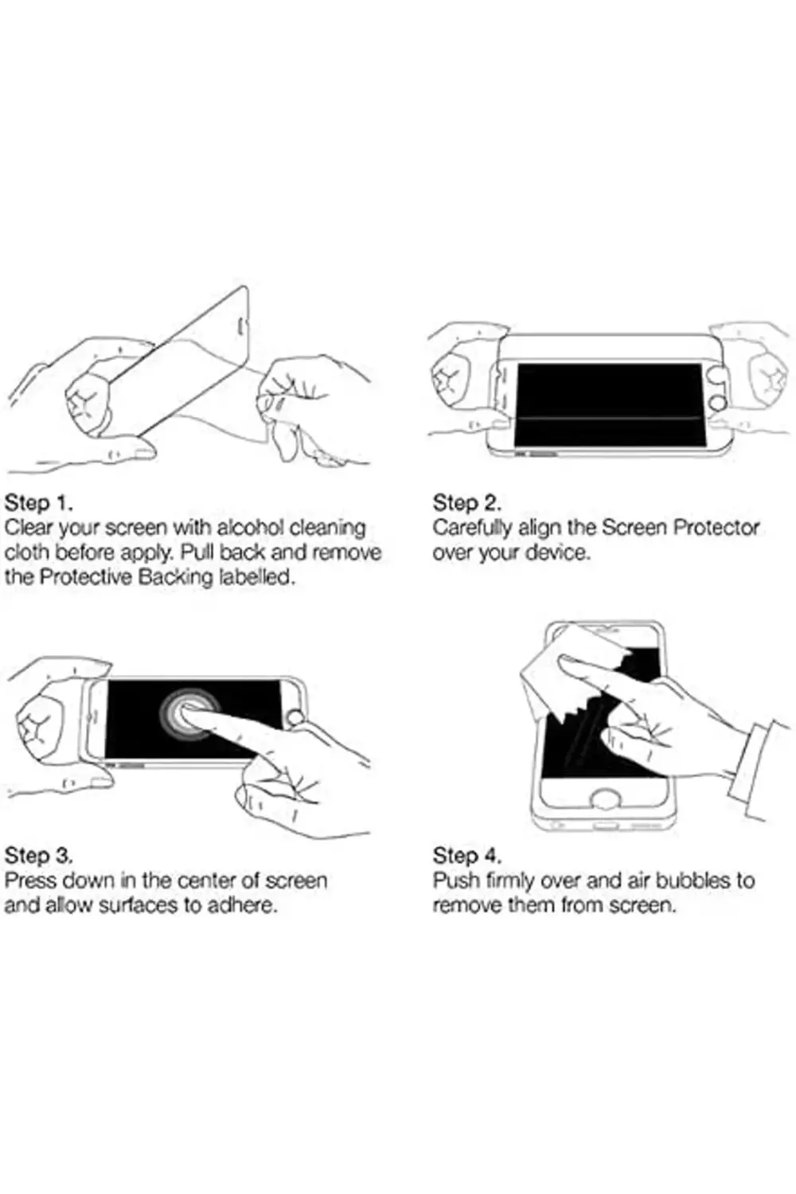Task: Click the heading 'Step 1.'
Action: [x=38, y=502]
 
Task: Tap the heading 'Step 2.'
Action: [x=466, y=502]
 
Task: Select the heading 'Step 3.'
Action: [x=38, y=856]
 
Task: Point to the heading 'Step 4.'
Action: [x=467, y=856]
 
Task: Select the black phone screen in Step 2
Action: [x=609, y=405]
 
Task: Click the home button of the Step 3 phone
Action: [x=295, y=720]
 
